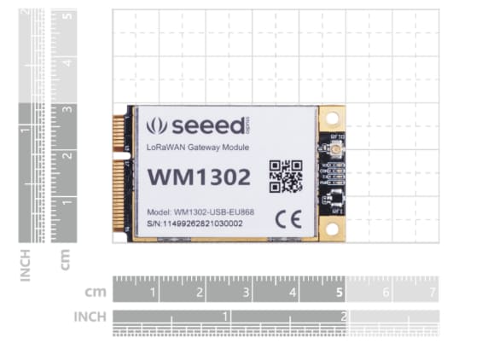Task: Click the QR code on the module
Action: pos(286,176)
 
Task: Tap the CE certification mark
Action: pos(285,218)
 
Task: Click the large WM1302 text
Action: pos(200,177)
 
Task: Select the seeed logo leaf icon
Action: pos(156,126)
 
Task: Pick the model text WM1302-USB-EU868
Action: pos(208,210)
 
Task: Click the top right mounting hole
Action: pos(332,117)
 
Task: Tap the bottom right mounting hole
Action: pos(332,228)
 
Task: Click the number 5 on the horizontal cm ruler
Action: pos(340,293)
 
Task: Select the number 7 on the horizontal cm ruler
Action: pos(433,293)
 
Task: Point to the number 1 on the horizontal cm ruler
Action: pos(154,293)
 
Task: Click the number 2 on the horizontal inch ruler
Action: pos(344,316)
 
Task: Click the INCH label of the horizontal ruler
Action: pos(90,316)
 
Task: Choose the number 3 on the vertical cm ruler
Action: pos(67,110)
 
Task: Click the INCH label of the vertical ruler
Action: pos(26,264)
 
